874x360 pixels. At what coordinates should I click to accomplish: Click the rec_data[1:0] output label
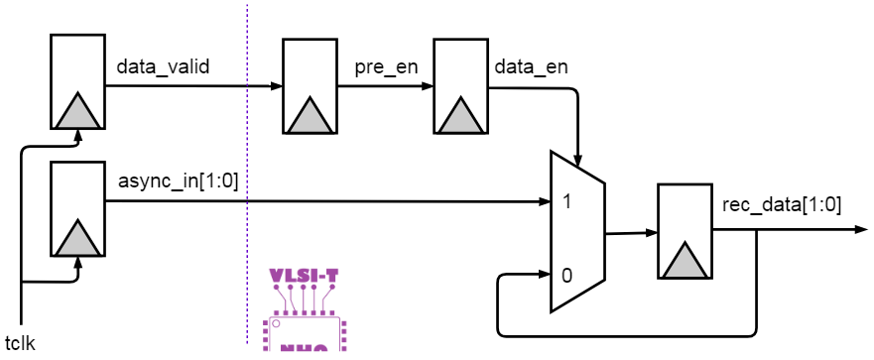click(783, 205)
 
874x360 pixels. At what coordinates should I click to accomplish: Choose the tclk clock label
click(21, 344)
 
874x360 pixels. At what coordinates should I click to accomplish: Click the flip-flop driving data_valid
click(76, 81)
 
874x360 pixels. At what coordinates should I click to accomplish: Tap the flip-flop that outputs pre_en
click(311, 86)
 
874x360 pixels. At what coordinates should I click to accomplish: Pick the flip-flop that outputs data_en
click(460, 86)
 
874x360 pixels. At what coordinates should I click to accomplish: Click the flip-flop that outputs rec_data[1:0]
click(685, 230)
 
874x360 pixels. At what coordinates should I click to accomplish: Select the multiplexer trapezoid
click(577, 233)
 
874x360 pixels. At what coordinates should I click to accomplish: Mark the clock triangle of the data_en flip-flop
click(460, 114)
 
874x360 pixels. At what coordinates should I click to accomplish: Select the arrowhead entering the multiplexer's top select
click(578, 158)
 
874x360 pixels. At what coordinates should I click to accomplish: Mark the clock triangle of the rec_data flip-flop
click(685, 260)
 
